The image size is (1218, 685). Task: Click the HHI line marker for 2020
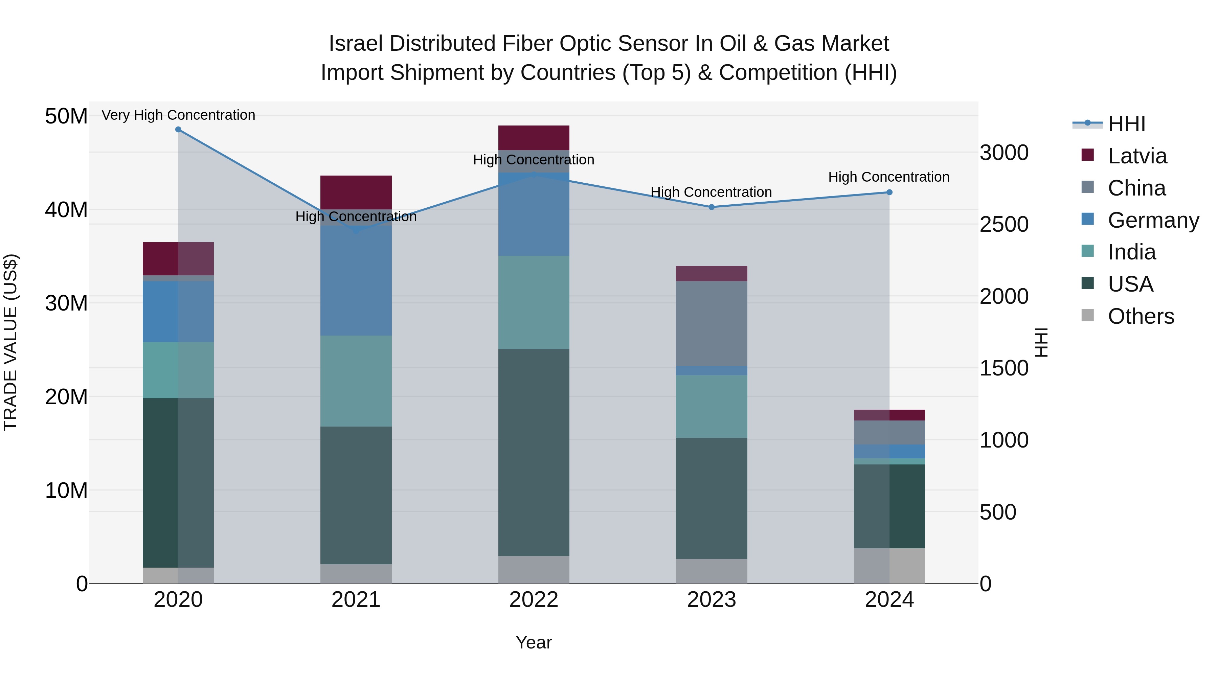178,130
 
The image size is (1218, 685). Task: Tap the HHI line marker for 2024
889,192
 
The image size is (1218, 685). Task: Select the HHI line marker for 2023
712,207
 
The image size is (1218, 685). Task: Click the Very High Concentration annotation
178,115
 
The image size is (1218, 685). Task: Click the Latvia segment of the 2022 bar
534,138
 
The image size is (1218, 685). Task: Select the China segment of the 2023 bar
712,323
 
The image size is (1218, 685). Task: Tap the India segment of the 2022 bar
534,302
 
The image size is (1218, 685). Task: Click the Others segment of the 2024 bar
889,566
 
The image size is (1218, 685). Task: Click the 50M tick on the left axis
66,116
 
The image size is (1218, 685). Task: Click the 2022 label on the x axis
534,600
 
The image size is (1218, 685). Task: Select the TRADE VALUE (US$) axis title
11,342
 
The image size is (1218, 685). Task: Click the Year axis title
534,642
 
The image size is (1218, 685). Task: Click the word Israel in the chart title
356,44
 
